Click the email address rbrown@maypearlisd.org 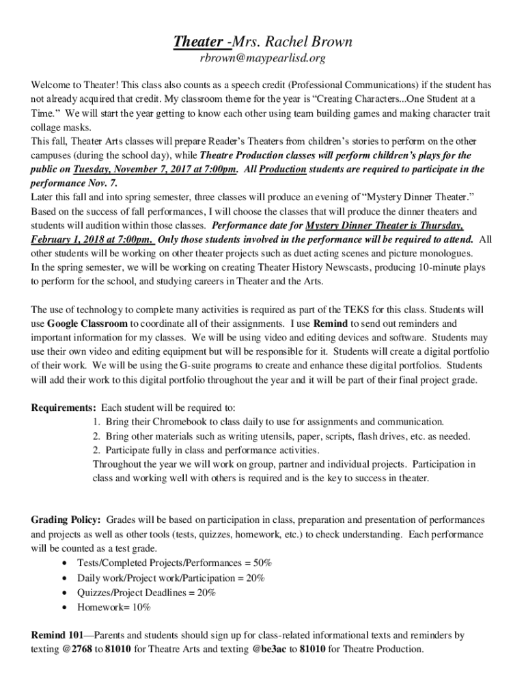[262, 59]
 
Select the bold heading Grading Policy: [66, 520]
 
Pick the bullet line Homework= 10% [113, 607]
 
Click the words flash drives [386, 436]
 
